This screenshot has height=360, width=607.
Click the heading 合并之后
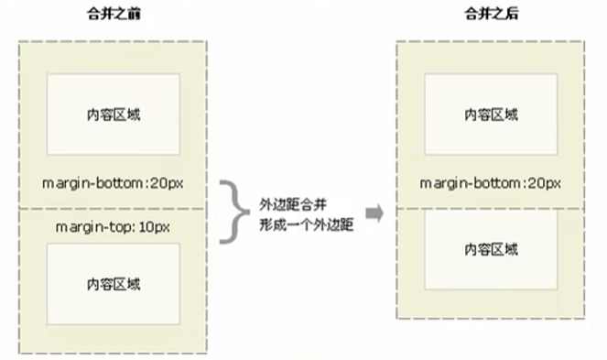[x=491, y=16]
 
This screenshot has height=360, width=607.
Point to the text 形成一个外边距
[x=304, y=224]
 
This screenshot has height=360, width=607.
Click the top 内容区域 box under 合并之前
[x=113, y=115]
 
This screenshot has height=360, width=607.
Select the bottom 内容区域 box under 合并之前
[x=113, y=283]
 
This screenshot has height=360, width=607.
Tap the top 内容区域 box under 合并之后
[x=491, y=114]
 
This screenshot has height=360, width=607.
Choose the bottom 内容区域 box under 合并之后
[x=491, y=248]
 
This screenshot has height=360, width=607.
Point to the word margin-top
[x=88, y=225]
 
